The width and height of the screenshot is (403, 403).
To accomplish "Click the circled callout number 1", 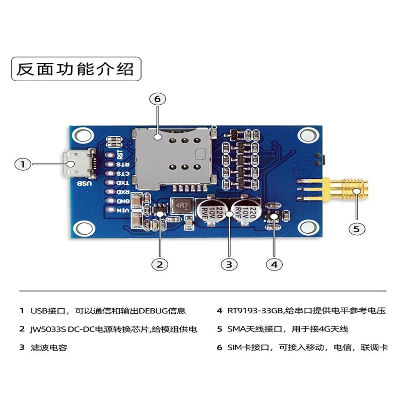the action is pos(22,164).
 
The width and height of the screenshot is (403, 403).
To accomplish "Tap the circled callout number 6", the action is pos(157,99).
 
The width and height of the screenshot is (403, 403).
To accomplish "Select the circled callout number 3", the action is pos(229,264).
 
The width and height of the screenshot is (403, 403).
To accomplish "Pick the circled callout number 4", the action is pos(274,264).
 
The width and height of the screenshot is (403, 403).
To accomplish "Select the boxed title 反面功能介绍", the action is pos(76,70).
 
